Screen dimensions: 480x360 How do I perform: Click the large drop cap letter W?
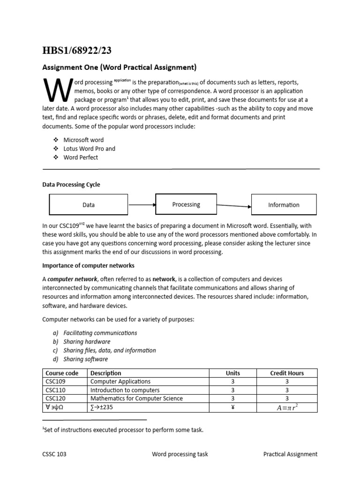tap(56, 90)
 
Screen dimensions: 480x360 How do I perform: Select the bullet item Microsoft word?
tap(83, 140)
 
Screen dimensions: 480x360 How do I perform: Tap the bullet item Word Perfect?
tap(81, 157)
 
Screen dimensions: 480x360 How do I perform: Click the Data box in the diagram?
tap(89, 205)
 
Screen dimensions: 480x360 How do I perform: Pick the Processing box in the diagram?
tap(186, 204)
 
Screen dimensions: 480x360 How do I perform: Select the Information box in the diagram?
tap(284, 205)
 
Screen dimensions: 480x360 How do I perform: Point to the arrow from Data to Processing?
tap(142, 205)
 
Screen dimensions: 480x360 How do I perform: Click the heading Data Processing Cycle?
tap(71, 185)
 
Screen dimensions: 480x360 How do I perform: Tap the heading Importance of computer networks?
tap(89, 265)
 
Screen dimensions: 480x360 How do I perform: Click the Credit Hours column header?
tap(287, 373)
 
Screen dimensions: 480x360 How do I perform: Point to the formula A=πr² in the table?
tap(287, 407)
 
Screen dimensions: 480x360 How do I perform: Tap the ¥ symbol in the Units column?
tap(232, 407)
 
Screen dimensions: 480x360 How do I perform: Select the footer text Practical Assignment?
tap(290, 454)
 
